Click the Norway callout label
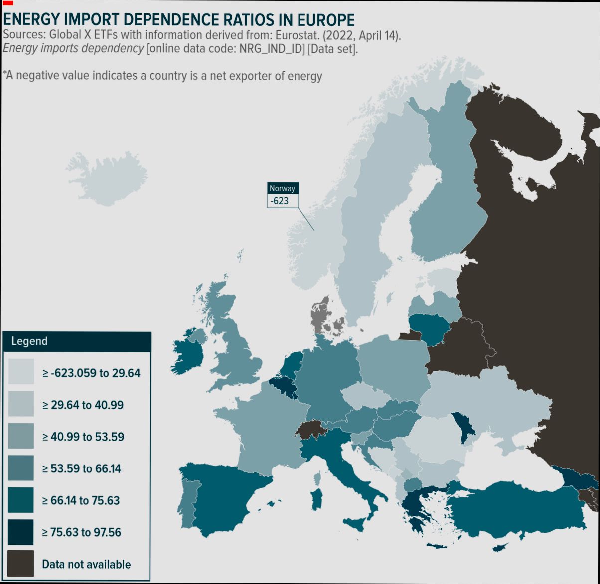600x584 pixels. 283,188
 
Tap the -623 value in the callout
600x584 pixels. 280,201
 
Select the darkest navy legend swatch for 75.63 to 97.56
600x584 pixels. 21,532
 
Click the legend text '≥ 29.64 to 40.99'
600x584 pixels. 83,405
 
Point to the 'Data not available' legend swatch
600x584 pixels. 21,564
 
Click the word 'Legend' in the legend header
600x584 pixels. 29,341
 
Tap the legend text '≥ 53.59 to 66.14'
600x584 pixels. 82,468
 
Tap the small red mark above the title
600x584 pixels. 7,3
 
